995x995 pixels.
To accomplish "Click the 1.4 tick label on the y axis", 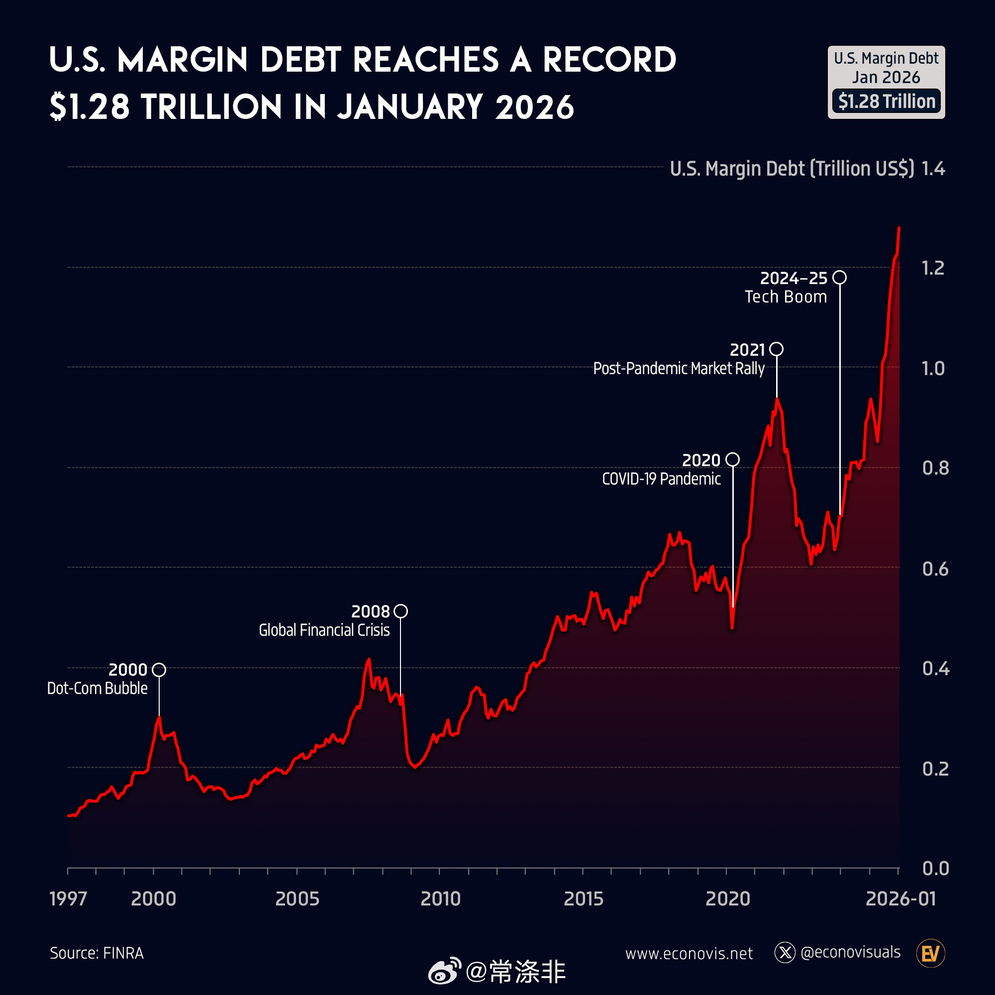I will click(933, 169).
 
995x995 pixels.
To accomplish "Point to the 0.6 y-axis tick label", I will click(935, 569).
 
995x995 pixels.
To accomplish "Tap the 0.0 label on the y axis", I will click(935, 868).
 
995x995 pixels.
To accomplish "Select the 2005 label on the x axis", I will click(297, 898).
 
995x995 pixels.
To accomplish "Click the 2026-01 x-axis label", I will click(900, 898).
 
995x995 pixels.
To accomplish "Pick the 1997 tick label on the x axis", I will click(68, 898).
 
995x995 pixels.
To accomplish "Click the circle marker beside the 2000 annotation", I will click(159, 670).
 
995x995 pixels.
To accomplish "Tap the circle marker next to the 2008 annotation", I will click(400, 611).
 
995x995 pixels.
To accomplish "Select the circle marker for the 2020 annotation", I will click(732, 459).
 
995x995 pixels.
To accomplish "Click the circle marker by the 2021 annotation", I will click(777, 349).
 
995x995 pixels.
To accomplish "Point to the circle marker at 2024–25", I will click(839, 278).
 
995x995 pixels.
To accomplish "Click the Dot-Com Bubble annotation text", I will click(98, 688).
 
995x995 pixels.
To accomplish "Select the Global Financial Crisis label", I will click(324, 630).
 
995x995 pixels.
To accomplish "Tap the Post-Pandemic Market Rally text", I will click(679, 368).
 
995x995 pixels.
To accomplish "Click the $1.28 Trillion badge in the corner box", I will click(887, 101).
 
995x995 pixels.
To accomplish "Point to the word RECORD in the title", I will click(609, 60).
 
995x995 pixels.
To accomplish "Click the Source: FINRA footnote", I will click(97, 953).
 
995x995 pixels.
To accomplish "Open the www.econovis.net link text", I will click(689, 953).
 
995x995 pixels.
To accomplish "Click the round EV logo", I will click(931, 953).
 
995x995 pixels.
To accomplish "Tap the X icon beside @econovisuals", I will click(785, 953).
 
